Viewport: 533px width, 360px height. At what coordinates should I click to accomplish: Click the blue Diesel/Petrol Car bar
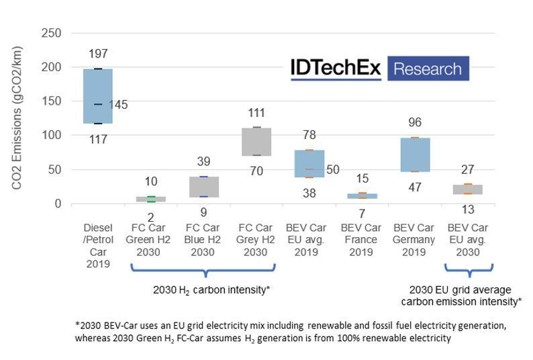(x=98, y=96)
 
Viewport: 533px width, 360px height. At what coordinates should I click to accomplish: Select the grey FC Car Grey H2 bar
(x=256, y=142)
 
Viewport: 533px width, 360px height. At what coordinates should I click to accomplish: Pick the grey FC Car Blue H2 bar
(x=203, y=187)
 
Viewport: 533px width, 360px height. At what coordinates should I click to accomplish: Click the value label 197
(x=98, y=54)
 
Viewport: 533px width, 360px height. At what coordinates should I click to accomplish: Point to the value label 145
(x=118, y=105)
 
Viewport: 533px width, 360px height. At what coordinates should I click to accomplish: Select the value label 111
(x=256, y=113)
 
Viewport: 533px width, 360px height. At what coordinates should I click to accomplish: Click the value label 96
(x=414, y=123)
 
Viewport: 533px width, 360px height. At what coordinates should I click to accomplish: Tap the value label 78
(x=309, y=136)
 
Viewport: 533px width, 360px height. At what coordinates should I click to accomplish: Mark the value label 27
(x=467, y=169)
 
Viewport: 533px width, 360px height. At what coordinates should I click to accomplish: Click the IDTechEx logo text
(x=336, y=69)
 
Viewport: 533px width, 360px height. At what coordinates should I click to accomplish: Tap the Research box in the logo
(x=428, y=69)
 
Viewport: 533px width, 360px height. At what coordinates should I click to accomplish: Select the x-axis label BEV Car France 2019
(x=362, y=240)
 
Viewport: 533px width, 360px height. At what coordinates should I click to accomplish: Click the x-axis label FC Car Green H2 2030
(x=150, y=240)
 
